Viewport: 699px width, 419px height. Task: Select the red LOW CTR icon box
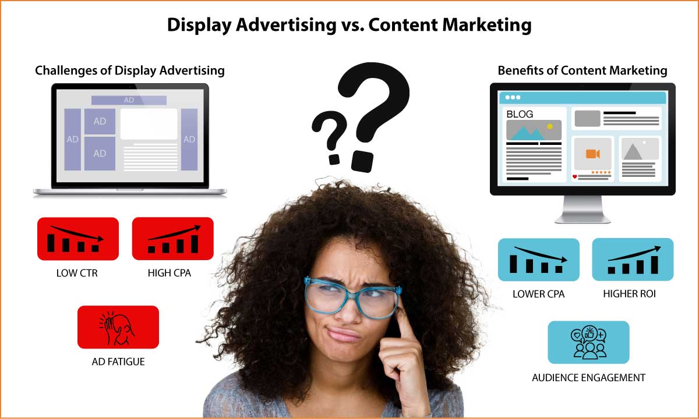pos(78,239)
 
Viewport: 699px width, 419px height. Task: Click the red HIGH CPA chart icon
pos(173,239)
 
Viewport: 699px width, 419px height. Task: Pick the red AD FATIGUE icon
pos(118,327)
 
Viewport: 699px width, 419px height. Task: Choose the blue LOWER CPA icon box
pos(539,260)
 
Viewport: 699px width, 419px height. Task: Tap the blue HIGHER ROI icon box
pos(633,260)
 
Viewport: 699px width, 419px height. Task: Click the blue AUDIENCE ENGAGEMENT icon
pos(588,342)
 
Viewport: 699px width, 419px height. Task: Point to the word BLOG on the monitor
pos(520,114)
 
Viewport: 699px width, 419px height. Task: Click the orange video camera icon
pos(593,154)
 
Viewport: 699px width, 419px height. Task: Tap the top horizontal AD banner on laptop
pos(129,100)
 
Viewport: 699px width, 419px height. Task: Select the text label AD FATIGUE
pos(118,361)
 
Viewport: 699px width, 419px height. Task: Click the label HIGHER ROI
pos(630,294)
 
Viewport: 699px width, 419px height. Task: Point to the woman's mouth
pos(343,334)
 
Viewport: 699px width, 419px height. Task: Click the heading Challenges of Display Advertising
pos(130,71)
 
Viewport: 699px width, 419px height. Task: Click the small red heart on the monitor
pos(574,177)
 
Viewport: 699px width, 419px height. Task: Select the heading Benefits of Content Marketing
pos(582,71)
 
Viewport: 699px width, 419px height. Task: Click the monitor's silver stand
pos(582,210)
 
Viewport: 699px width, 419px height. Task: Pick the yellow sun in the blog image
pos(550,126)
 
